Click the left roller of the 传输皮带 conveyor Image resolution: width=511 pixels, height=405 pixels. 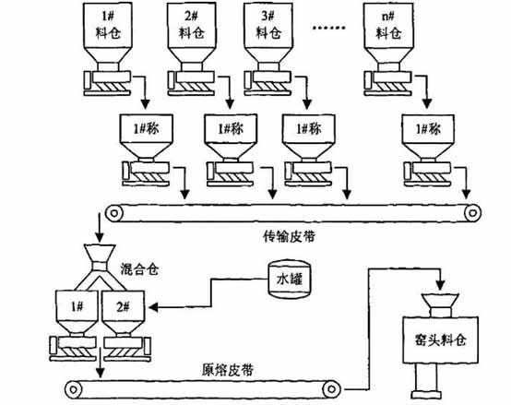pyautogui.click(x=114, y=213)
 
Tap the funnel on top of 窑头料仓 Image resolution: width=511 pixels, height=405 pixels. pyautogui.click(x=441, y=300)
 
